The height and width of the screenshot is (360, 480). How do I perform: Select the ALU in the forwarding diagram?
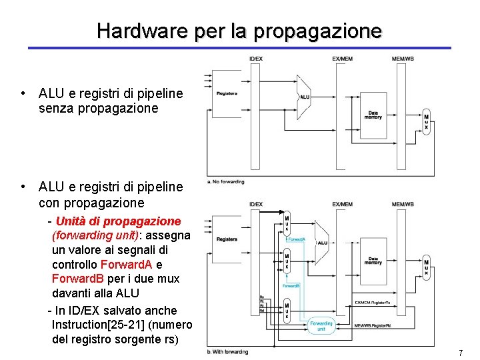point(322,243)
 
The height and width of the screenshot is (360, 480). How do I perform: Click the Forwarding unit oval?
point(321,326)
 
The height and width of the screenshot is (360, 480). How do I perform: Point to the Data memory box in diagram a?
point(373,115)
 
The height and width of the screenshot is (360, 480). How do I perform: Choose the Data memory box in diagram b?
point(373,261)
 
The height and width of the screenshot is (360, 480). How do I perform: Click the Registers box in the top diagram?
point(227,93)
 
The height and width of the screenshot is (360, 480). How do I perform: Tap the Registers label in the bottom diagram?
point(227,239)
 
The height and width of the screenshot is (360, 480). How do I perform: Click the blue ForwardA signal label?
point(296,238)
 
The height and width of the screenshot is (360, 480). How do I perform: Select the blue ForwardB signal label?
point(291,285)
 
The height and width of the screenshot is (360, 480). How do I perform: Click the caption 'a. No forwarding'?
point(227,181)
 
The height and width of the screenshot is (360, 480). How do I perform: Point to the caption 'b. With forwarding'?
point(228,352)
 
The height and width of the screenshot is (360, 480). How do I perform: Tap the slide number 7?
point(460,352)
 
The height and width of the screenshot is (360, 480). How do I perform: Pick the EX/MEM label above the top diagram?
point(343,59)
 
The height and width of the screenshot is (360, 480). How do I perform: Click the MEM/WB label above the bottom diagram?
point(403,204)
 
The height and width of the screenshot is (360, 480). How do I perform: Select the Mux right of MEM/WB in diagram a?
point(426,122)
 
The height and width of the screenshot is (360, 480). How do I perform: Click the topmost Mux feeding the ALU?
point(287,223)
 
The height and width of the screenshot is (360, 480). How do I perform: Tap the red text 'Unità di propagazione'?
point(118,221)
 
